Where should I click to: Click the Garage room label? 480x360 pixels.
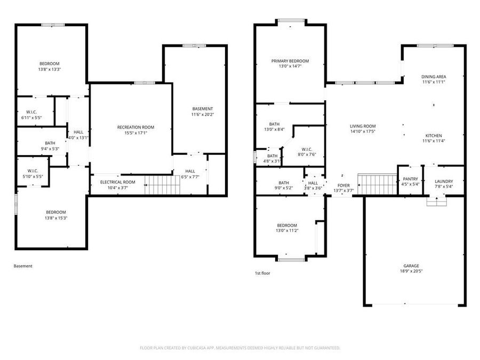coord(411,266)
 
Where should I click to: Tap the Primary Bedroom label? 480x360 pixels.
coord(290,61)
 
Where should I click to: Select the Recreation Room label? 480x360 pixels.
coord(135,127)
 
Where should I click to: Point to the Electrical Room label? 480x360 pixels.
coord(118,182)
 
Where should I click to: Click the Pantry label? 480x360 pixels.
coord(410,179)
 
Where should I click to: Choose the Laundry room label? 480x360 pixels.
coord(443,181)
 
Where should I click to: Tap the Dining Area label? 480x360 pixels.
coord(434,77)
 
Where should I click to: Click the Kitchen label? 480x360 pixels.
coord(434,135)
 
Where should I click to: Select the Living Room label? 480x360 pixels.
coord(363,126)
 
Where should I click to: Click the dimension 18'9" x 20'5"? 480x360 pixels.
coord(411,271)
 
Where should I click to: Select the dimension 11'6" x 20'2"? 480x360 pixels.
coord(202,114)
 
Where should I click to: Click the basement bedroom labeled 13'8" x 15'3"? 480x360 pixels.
coord(52,214)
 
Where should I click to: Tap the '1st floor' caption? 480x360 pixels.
coord(262,273)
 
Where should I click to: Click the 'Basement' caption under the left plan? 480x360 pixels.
coord(23,266)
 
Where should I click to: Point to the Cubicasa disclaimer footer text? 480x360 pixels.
coord(239,348)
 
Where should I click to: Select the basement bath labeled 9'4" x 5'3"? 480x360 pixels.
coord(50,146)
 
